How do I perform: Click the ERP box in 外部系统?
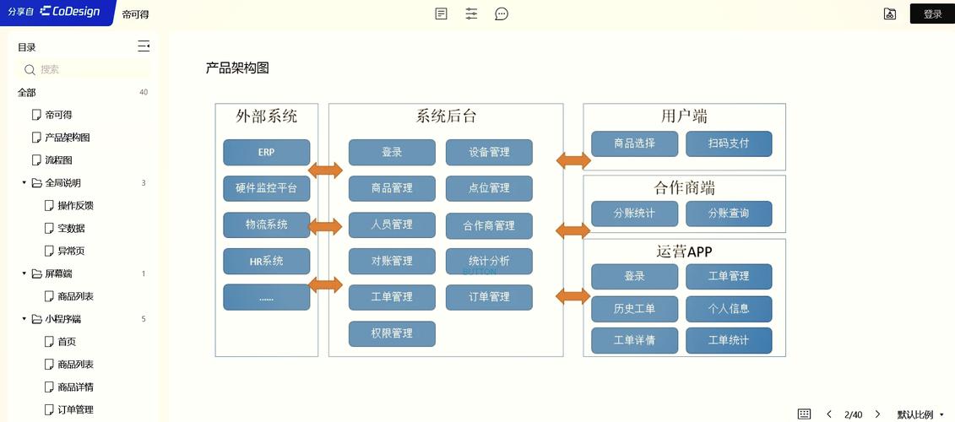[266, 153]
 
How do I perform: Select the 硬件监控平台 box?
[266, 189]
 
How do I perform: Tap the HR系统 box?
[266, 262]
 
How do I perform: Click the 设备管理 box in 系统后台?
[489, 153]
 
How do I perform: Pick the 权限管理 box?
[392, 333]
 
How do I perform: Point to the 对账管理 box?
[392, 261]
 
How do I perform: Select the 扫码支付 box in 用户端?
[728, 143]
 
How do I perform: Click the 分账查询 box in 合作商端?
[728, 214]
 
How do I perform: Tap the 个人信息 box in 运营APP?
[728, 309]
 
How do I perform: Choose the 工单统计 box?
[728, 340]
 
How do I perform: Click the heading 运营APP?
[684, 252]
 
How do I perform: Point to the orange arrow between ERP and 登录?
[325, 170]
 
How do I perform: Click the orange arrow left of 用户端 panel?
[573, 160]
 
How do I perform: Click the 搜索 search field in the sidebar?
[84, 70]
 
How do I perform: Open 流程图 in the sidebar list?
[58, 160]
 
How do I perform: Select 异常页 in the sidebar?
[71, 252]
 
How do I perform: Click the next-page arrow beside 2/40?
[877, 414]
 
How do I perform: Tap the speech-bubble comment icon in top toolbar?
[502, 14]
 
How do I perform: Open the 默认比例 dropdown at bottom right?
[920, 414]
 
